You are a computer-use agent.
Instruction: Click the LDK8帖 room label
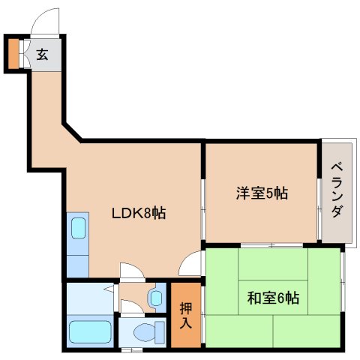click(138, 214)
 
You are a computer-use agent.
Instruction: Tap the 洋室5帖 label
click(262, 193)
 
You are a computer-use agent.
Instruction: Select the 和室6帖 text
click(273, 298)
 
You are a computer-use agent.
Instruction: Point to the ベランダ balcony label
click(337, 190)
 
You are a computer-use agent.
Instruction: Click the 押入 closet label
click(186, 316)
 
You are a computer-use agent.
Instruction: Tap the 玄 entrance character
click(42, 54)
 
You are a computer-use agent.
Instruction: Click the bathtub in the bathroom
click(90, 331)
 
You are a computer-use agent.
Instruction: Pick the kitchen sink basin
click(79, 228)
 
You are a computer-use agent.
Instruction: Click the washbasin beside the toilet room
click(157, 298)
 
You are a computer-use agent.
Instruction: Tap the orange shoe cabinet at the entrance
click(13, 53)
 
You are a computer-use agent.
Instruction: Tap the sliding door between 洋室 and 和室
click(271, 245)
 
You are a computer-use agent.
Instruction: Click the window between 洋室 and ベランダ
click(319, 209)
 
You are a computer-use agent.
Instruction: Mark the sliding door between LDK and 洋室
click(203, 209)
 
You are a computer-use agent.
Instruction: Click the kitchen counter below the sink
click(78, 266)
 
